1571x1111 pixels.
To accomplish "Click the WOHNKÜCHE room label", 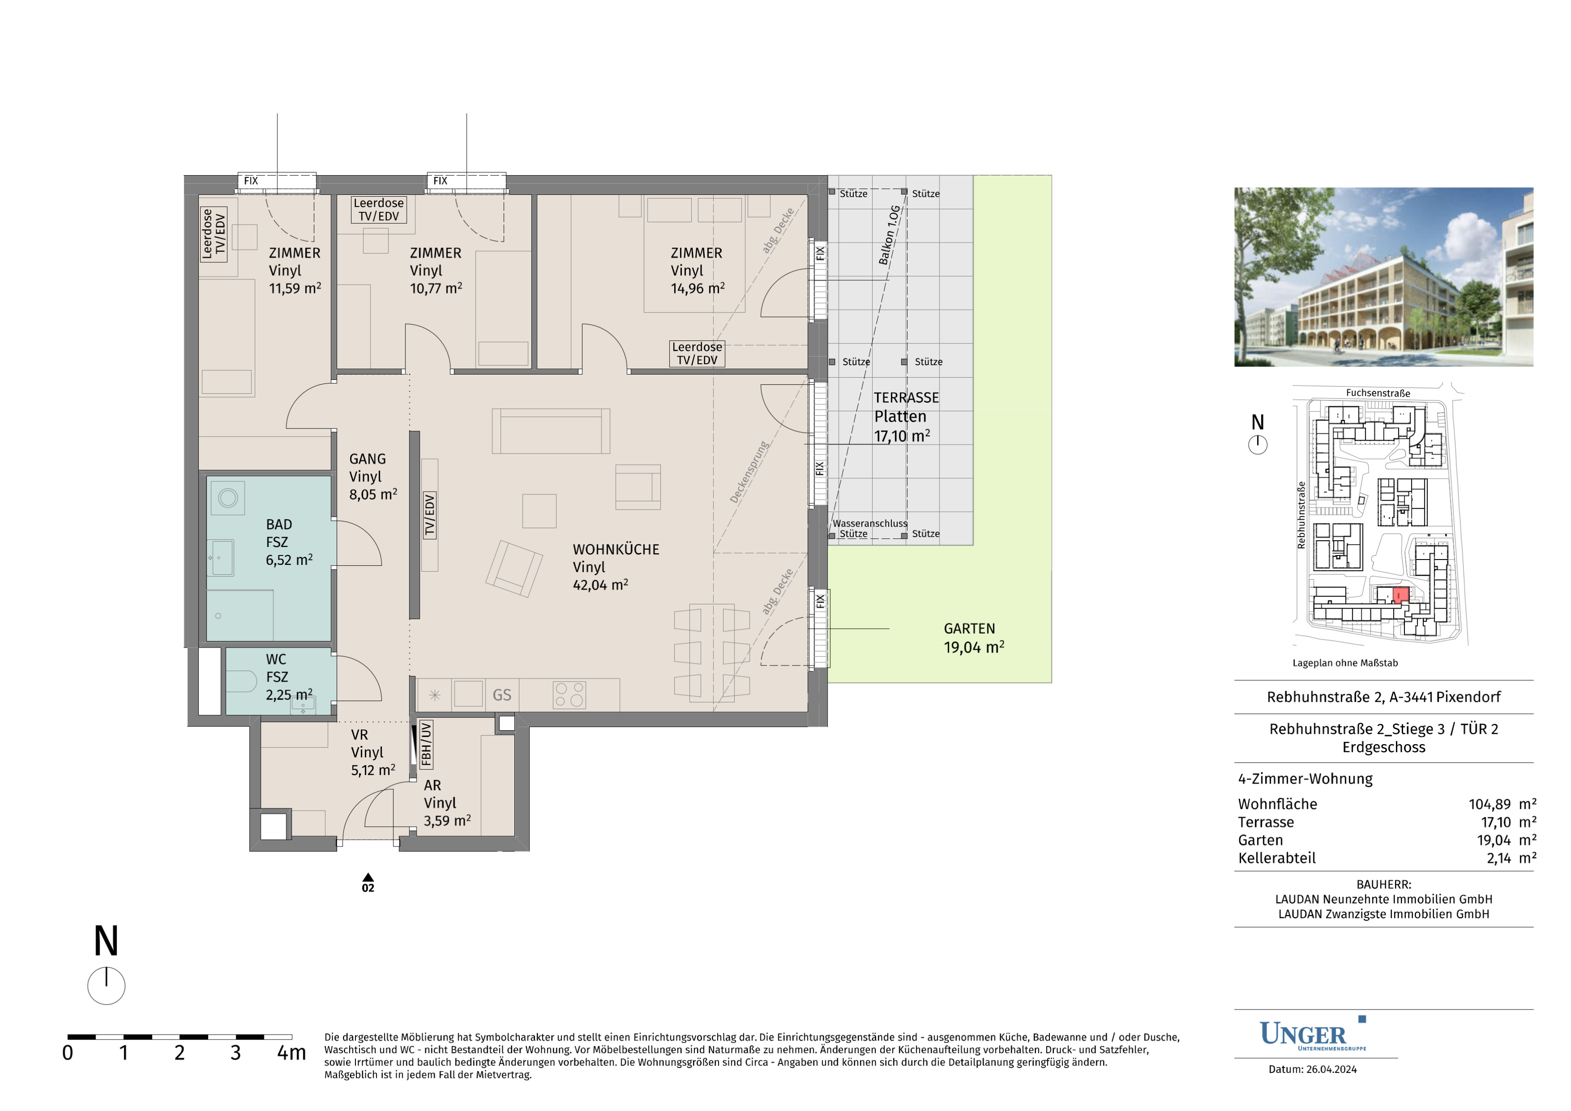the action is click(x=616, y=550).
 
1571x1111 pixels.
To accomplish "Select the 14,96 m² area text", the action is click(x=697, y=289).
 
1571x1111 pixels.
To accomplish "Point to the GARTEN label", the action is click(x=970, y=628).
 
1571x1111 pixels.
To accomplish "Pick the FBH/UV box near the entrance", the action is click(x=426, y=744).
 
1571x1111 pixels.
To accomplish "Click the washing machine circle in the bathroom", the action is click(x=228, y=497).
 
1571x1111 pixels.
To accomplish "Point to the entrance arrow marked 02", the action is click(x=368, y=877).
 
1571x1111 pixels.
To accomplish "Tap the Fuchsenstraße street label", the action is click(x=1378, y=393).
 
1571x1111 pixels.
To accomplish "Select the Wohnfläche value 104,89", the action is click(x=1490, y=804).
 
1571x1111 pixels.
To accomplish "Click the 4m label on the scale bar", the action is click(x=291, y=1053).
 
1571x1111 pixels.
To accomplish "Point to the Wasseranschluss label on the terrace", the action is click(x=870, y=524).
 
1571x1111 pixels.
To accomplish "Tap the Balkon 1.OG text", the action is click(x=890, y=235).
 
